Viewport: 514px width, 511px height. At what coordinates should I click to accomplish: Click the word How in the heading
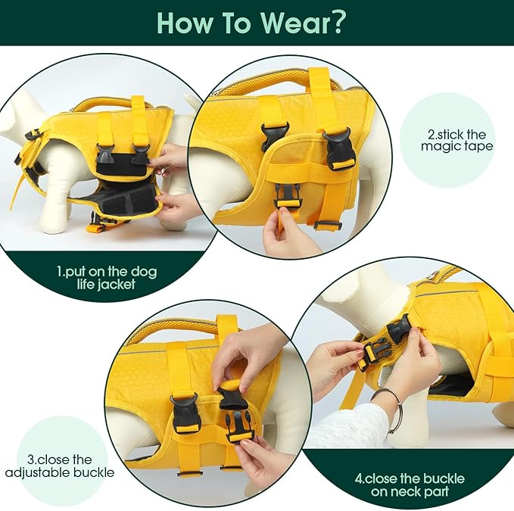[185, 23]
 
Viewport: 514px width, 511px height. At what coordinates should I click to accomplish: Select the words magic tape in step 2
[456, 146]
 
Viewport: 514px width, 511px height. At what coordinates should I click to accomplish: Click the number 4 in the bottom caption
[358, 479]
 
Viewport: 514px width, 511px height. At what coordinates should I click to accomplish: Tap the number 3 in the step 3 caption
[31, 460]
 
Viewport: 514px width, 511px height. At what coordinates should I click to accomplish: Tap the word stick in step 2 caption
[450, 135]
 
